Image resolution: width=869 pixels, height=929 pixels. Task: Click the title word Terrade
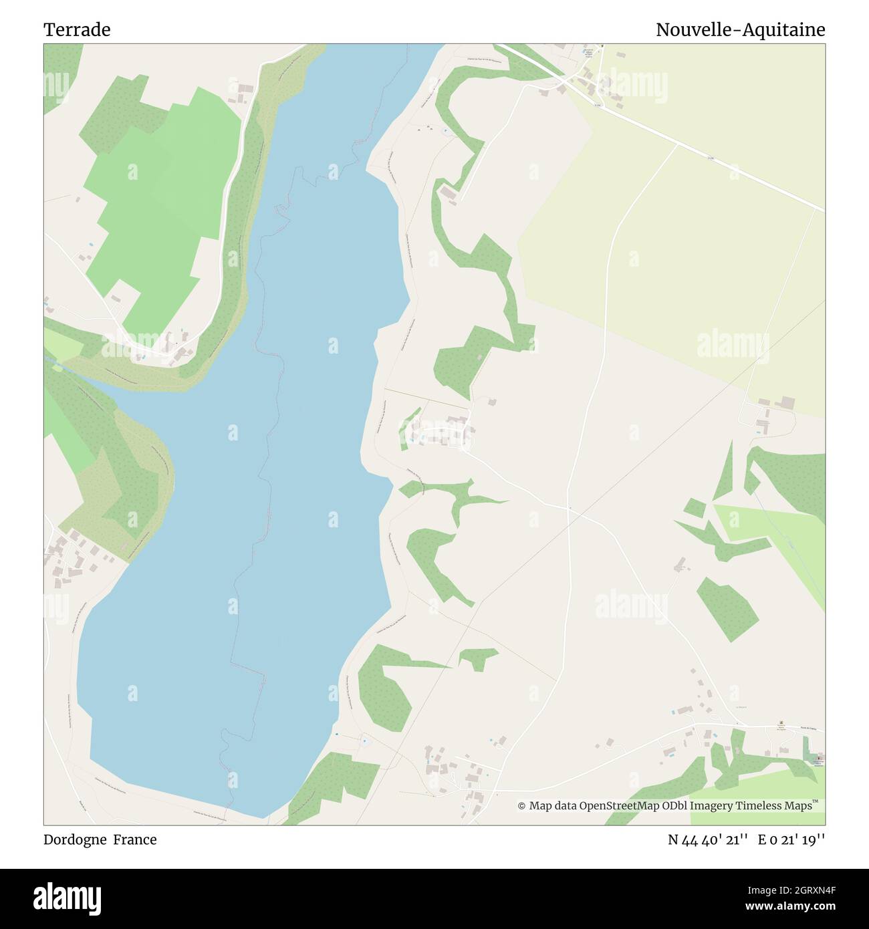(x=77, y=30)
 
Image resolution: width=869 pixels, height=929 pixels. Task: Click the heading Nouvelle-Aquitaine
(x=740, y=30)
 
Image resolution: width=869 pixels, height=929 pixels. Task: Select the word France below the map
(x=134, y=840)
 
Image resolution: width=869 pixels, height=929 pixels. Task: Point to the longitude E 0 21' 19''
(x=791, y=840)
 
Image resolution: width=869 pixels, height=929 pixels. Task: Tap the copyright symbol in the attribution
(x=521, y=806)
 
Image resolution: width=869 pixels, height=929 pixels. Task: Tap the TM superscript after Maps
(x=815, y=802)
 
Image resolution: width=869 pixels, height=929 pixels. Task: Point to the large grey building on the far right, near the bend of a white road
(x=789, y=403)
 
